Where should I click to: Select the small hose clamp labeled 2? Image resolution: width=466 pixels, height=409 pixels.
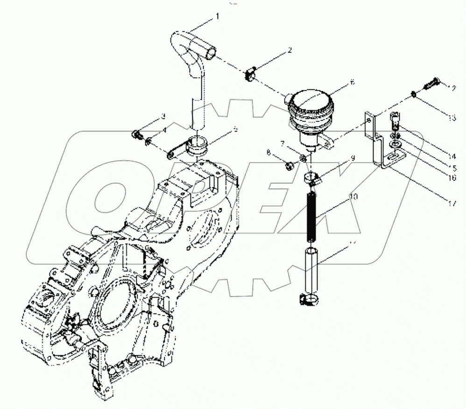pyautogui.click(x=251, y=74)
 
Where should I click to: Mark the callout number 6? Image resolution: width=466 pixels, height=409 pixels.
pyautogui.click(x=352, y=83)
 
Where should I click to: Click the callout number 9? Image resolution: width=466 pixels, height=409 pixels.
pyautogui.click(x=353, y=158)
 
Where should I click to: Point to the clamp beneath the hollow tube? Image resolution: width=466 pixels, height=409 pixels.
pyautogui.click(x=309, y=298)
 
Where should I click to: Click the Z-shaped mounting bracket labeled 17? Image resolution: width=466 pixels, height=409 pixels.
pyautogui.click(x=378, y=145)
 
